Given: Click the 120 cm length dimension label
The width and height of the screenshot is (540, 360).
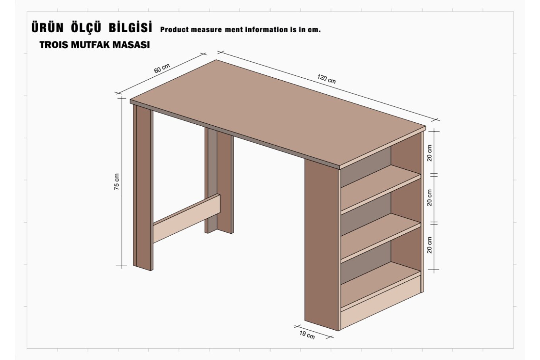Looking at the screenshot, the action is click(x=327, y=79).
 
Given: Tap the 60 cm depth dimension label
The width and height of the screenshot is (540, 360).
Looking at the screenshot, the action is click(x=162, y=68).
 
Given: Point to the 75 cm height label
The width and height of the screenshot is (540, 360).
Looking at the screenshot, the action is click(x=117, y=182).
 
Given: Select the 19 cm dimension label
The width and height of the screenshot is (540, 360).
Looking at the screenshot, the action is click(x=307, y=335).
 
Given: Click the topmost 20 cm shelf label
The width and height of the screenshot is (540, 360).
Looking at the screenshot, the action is click(x=429, y=153).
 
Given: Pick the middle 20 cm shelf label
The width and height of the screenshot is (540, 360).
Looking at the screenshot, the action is click(x=429, y=198).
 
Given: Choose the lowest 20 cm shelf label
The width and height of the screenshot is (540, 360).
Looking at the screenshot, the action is click(x=429, y=245).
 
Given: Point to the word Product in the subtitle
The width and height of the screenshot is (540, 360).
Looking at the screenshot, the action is click(x=175, y=30).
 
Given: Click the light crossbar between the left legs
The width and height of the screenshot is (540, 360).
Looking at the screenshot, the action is click(x=186, y=218).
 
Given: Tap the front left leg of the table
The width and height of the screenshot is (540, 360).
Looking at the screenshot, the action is click(x=143, y=187).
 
